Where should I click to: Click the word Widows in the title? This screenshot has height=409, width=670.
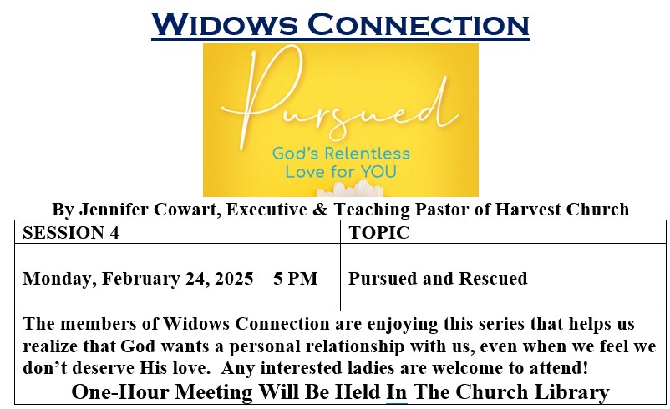[224, 24]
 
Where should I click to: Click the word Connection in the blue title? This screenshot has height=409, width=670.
[419, 24]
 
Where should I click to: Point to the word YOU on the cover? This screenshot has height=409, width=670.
[378, 172]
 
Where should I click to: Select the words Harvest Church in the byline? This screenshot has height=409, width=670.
[562, 210]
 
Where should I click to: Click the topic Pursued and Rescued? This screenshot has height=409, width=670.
[438, 278]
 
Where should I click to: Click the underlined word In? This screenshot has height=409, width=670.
[397, 392]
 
